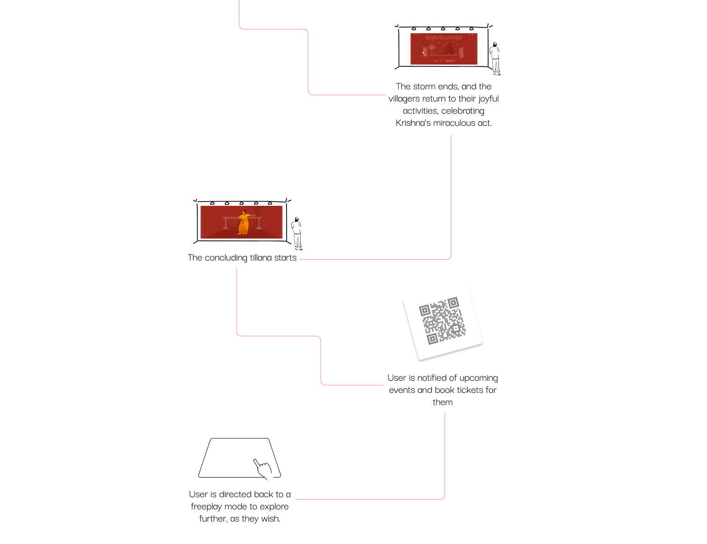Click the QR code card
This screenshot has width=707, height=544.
coord(442,322)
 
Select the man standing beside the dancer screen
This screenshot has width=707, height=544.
coord(296,233)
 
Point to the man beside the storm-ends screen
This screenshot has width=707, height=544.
coord(495,58)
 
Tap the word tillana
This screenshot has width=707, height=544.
coord(261,258)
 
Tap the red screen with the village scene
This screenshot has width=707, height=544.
coord(444,49)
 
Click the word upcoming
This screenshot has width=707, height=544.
coord(478,378)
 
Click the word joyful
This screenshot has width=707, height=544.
coord(488,99)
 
